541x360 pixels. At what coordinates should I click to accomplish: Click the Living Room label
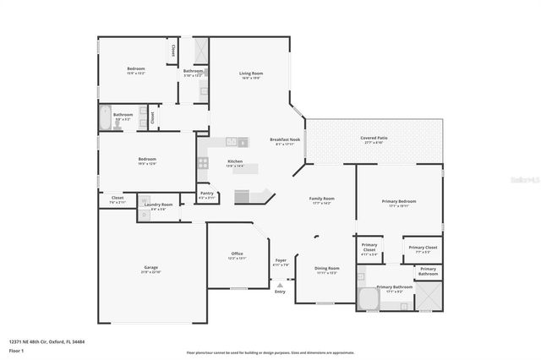pos(251,74)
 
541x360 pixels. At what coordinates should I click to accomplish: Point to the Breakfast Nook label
pos(283,139)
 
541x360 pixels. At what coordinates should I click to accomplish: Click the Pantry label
pos(206,194)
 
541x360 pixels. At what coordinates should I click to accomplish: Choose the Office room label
pos(238,254)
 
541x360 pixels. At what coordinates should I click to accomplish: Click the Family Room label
pos(323,199)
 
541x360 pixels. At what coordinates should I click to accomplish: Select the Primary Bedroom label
pos(398,201)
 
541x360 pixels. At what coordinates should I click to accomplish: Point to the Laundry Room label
pos(158,205)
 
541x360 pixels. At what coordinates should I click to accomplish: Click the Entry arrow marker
pos(280,285)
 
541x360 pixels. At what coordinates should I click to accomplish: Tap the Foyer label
pos(280,260)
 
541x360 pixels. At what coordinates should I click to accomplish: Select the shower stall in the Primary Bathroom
pos(428,297)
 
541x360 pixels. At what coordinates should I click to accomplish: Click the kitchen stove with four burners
pos(203,162)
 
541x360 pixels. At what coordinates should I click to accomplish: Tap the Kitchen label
pos(235,161)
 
